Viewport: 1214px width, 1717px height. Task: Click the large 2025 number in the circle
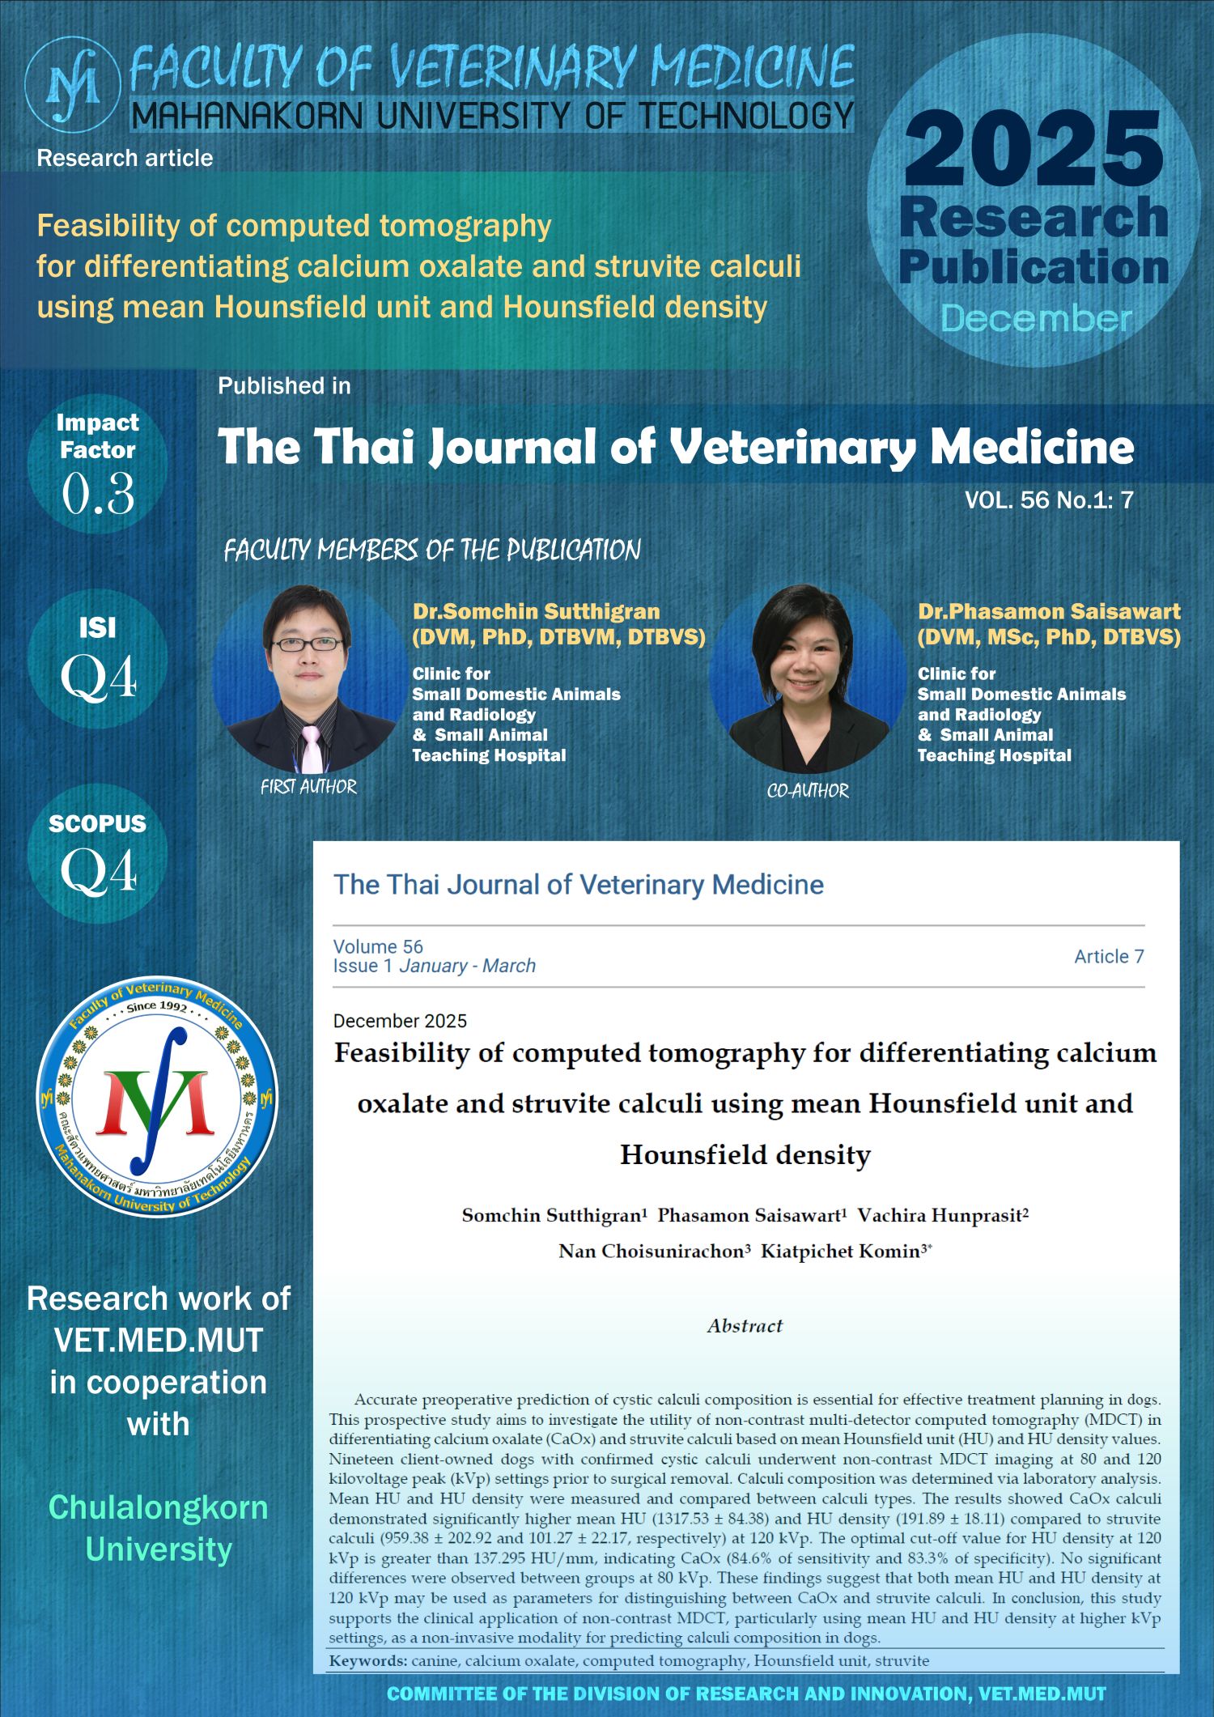click(x=1034, y=150)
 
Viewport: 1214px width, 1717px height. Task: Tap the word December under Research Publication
click(x=1035, y=319)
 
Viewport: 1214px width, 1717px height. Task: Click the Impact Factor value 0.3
click(x=98, y=494)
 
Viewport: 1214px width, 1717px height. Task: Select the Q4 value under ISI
click(x=98, y=678)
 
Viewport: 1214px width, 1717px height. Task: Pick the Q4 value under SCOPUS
click(x=98, y=873)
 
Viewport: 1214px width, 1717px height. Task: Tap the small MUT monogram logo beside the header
click(x=73, y=84)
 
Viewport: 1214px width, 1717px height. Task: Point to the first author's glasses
click(x=307, y=644)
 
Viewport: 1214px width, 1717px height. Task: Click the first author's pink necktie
click(x=311, y=749)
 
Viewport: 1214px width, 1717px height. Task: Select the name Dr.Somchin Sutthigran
click(x=536, y=611)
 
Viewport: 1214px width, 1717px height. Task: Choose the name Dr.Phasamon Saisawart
click(x=1049, y=611)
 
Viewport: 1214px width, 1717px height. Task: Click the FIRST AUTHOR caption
click(x=308, y=787)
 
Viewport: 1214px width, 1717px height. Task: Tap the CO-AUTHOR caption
click(x=808, y=791)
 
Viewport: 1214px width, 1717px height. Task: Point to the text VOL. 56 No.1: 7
click(x=1048, y=500)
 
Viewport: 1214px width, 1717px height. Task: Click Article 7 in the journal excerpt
click(x=1108, y=956)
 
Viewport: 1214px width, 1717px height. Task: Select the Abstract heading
click(x=745, y=1325)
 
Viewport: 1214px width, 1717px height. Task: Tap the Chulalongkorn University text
click(x=159, y=1528)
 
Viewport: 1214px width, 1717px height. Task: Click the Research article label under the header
click(x=125, y=158)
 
